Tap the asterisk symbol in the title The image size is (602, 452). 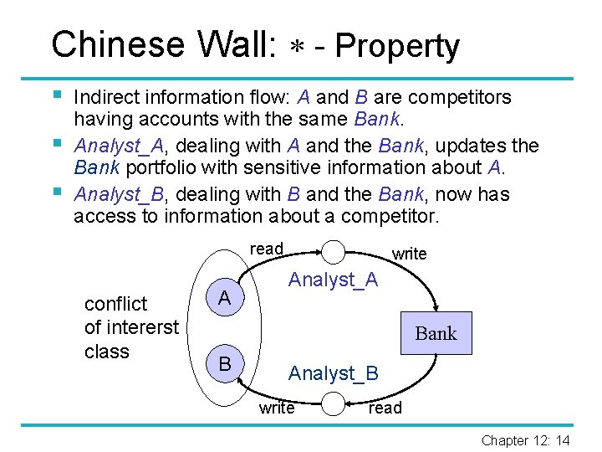(299, 47)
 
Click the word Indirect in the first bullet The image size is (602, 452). (103, 98)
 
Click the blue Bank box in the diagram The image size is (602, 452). (436, 333)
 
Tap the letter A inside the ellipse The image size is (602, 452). (224, 298)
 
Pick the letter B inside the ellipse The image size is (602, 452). (224, 364)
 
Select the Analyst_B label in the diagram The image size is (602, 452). (333, 373)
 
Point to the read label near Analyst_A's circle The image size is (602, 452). (267, 249)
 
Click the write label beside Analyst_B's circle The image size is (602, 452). (277, 408)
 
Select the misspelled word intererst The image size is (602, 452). (131, 327)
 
